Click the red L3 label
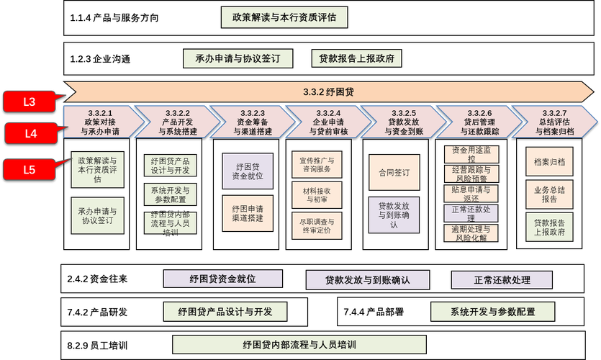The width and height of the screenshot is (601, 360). [x=29, y=102]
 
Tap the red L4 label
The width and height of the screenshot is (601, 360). [x=30, y=133]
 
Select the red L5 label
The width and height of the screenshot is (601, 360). [x=29, y=170]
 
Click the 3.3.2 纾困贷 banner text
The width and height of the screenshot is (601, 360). [x=327, y=92]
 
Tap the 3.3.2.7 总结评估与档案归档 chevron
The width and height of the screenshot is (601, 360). [x=554, y=122]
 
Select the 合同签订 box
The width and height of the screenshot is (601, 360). [x=394, y=173]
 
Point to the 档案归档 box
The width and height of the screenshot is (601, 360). [x=549, y=163]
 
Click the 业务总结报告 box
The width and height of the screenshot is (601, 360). [x=549, y=194]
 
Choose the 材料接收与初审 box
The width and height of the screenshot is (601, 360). [x=316, y=193]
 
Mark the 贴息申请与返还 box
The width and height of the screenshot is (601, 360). [x=471, y=194]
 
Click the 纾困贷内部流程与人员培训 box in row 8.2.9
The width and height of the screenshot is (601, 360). [x=300, y=345]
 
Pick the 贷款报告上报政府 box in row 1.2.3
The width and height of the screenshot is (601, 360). [x=356, y=58]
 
